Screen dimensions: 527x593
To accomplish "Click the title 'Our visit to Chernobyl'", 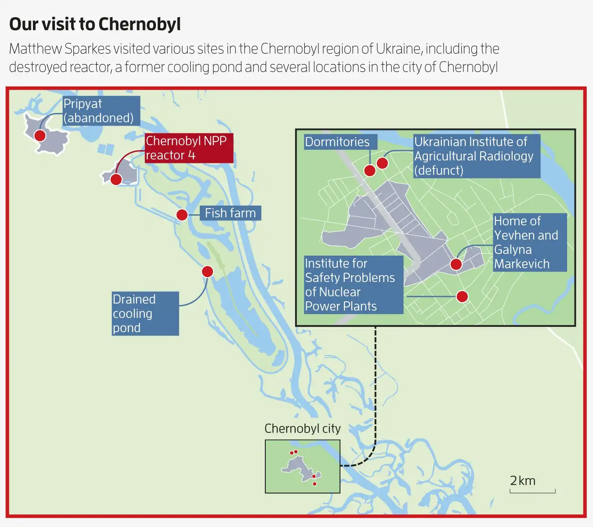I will pyautogui.click(x=95, y=25).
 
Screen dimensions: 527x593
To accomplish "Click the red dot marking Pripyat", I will pyautogui.click(x=40, y=135).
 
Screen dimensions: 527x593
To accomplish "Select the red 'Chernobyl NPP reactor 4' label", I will pyautogui.click(x=189, y=148).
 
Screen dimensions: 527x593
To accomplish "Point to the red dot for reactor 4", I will pyautogui.click(x=116, y=179).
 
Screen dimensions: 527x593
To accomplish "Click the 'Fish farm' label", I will pyautogui.click(x=230, y=213).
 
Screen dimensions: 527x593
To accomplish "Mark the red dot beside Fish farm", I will pyautogui.click(x=182, y=215).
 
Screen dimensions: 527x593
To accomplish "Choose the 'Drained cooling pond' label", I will pyautogui.click(x=145, y=314).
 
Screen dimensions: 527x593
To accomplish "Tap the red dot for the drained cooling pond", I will pyautogui.click(x=207, y=271).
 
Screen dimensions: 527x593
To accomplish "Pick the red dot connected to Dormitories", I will pyautogui.click(x=370, y=171).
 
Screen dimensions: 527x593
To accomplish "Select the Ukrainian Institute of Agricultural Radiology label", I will pyautogui.click(x=477, y=156).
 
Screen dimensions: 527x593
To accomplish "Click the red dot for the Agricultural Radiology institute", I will pyautogui.click(x=382, y=163).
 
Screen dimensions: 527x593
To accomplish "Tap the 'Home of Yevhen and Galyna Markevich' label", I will pyautogui.click(x=529, y=242).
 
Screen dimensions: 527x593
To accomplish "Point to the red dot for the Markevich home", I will pyautogui.click(x=456, y=264).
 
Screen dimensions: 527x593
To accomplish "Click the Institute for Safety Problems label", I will pyautogui.click(x=354, y=285).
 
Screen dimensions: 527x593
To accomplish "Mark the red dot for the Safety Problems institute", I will pyautogui.click(x=462, y=296).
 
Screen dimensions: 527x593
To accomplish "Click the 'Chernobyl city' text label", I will pyautogui.click(x=302, y=429).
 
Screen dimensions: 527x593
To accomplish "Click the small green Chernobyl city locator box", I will pyautogui.click(x=302, y=466).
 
